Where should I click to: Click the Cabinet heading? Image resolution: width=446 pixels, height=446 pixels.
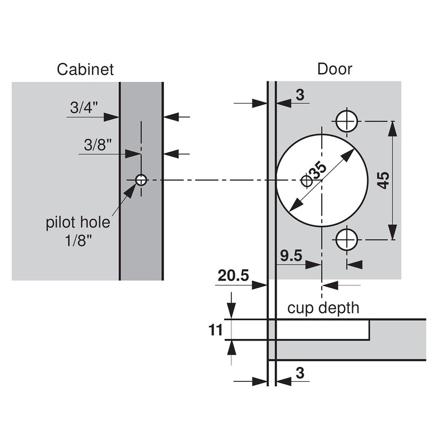pyautogui.click(x=85, y=69)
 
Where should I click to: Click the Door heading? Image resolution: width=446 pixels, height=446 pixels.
pyautogui.click(x=335, y=69)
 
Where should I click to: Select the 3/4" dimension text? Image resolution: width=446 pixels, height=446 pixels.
pyautogui.click(x=84, y=107)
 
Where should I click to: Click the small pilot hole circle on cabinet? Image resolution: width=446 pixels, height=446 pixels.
pyautogui.click(x=141, y=180)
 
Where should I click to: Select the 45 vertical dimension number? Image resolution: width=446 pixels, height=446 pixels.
pyautogui.click(x=384, y=180)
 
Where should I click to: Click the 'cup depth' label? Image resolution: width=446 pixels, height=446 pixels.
pyautogui.click(x=323, y=308)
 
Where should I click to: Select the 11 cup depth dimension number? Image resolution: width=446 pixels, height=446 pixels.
pyautogui.click(x=215, y=330)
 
